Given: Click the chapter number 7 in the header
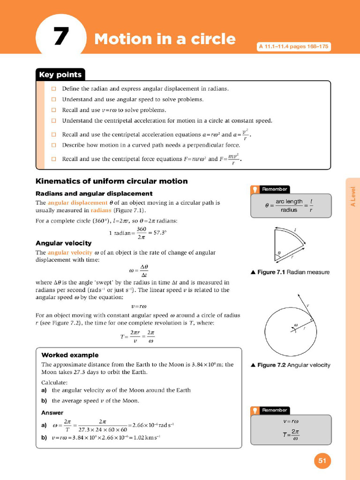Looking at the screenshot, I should click(x=61, y=37).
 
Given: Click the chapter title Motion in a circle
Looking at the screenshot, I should click(x=165, y=39).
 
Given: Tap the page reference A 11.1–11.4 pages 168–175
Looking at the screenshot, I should click(x=294, y=47).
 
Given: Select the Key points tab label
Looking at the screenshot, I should click(x=60, y=75).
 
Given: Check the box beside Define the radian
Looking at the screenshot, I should click(x=53, y=89).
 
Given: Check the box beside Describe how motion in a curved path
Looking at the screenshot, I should click(x=53, y=145).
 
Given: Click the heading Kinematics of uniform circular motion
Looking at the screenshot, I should click(x=112, y=181).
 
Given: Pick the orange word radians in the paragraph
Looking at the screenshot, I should click(x=104, y=210).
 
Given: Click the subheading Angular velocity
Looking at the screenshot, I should click(x=64, y=243).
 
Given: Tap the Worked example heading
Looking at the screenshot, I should click(x=70, y=355).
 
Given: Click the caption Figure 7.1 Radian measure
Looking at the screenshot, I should click(x=290, y=272).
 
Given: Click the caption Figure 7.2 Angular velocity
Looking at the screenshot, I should click(x=291, y=365).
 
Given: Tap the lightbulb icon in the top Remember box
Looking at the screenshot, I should click(x=255, y=189).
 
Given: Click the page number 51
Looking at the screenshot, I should click(x=322, y=461).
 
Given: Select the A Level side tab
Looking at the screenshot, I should click(x=353, y=197).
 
